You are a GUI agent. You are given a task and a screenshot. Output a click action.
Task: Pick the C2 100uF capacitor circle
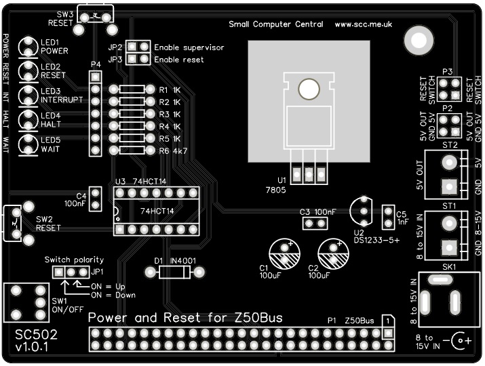click(332, 251)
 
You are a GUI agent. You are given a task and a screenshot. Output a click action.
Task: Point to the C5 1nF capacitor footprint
click(389, 218)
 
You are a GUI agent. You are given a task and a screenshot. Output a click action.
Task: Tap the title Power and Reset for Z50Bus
click(185, 318)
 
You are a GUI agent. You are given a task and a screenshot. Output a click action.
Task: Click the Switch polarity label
click(74, 260)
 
